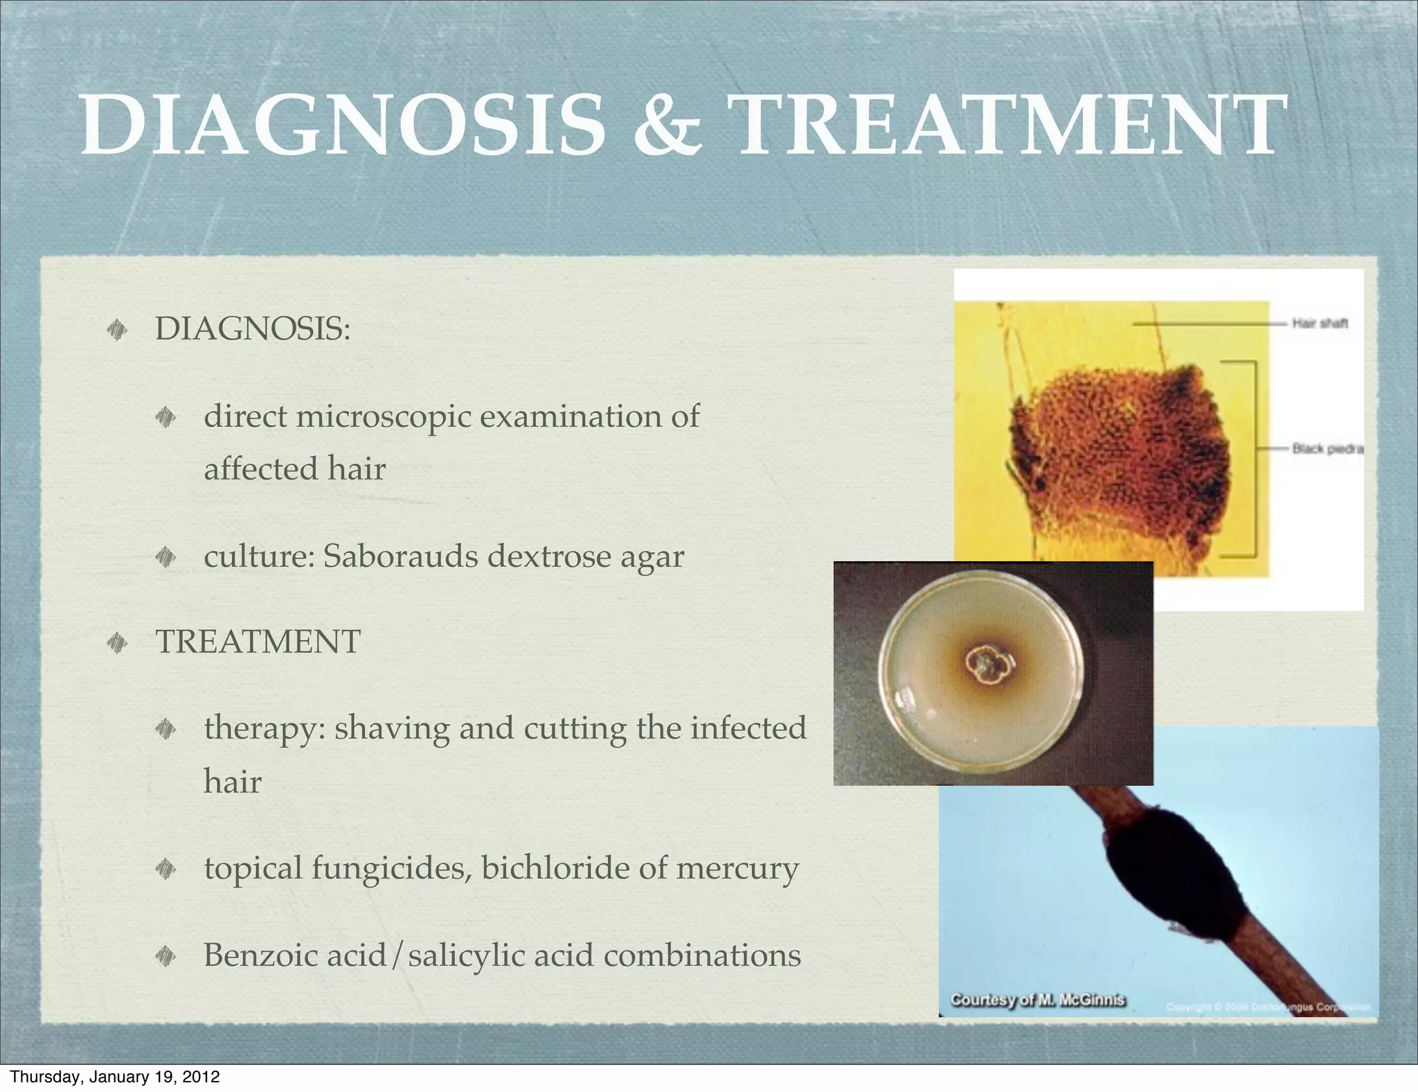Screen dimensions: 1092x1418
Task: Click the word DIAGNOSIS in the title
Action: [x=343, y=125]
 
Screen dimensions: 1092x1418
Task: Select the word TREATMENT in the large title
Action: [x=1007, y=125]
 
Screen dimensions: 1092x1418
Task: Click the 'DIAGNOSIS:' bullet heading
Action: [x=253, y=328]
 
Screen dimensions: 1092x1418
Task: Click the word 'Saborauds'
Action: [x=400, y=556]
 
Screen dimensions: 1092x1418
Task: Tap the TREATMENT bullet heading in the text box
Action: [x=258, y=642]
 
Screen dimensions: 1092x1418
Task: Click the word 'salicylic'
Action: [x=467, y=955]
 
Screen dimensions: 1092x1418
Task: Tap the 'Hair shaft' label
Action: [x=1320, y=324]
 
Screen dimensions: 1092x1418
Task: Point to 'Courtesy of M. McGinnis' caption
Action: [x=1037, y=1000]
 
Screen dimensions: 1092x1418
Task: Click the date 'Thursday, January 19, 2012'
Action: [x=115, y=1077]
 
